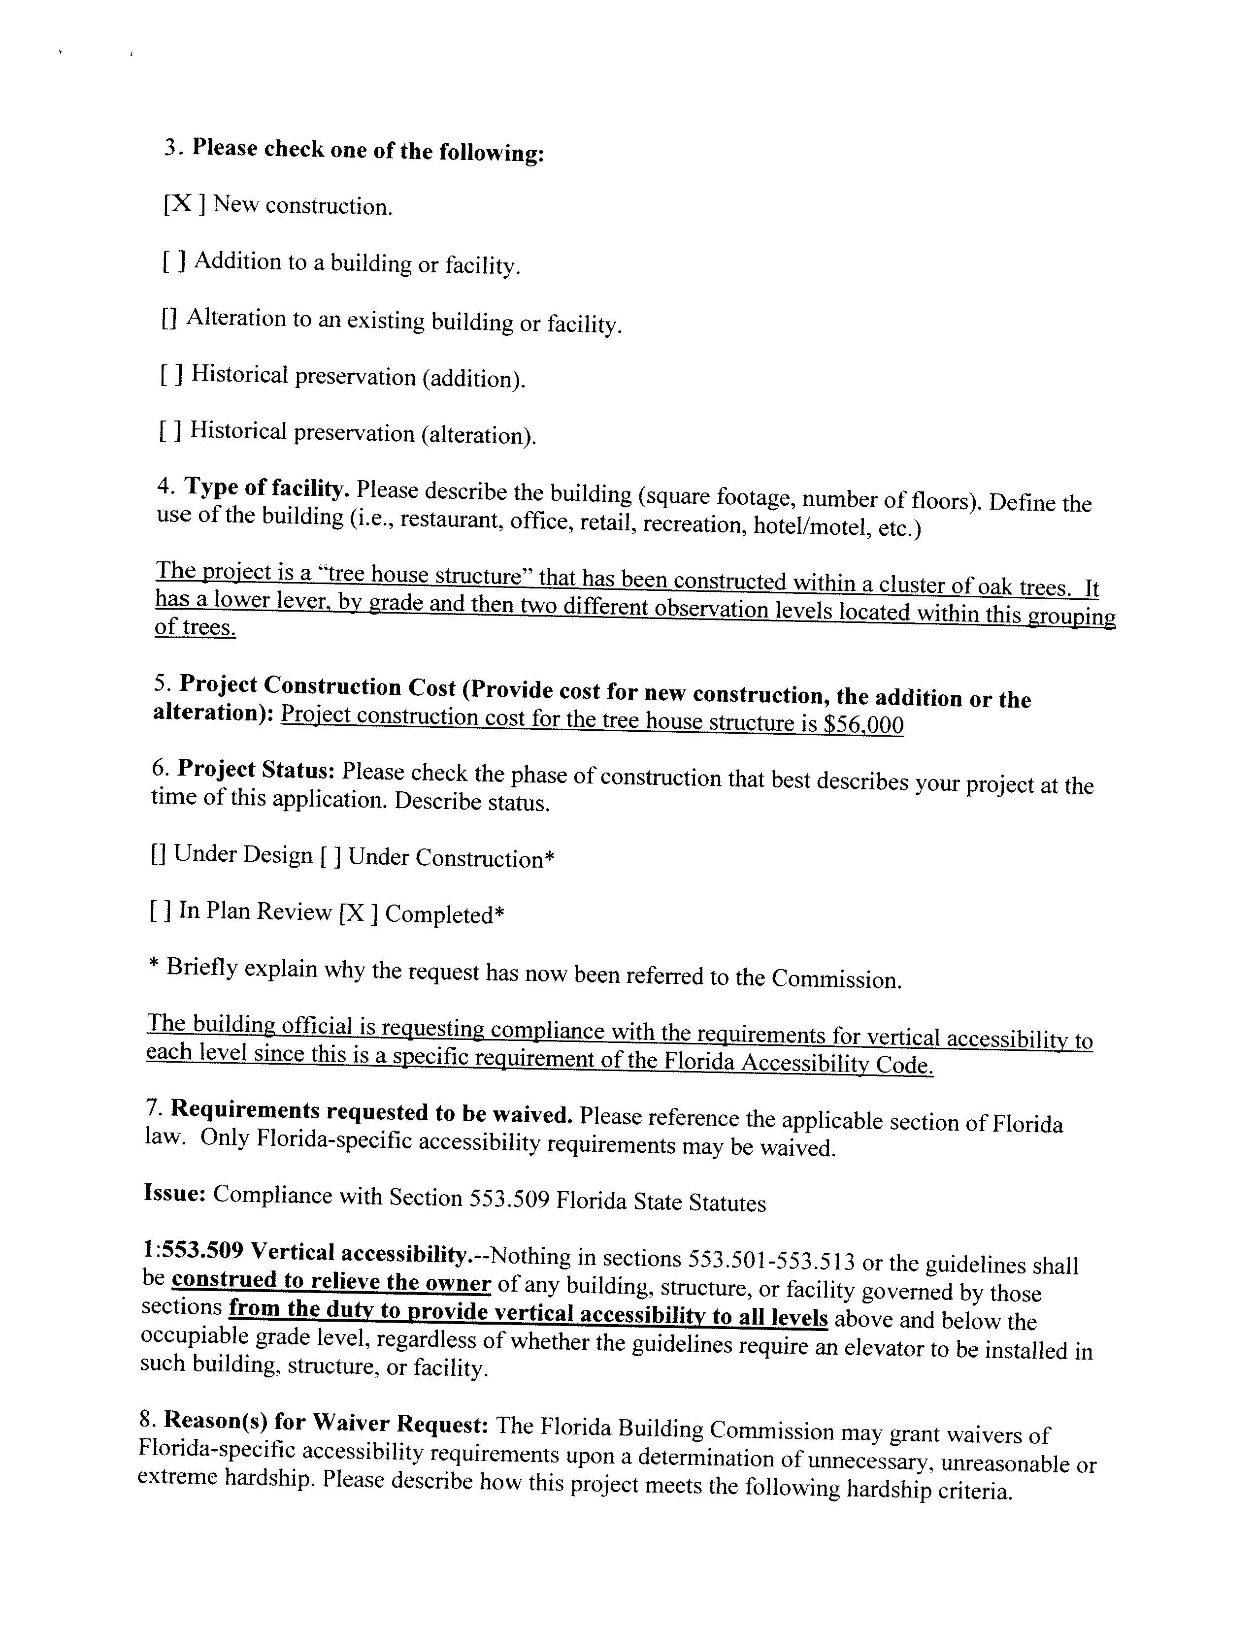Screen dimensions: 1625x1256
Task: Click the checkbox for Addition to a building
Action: click(174, 262)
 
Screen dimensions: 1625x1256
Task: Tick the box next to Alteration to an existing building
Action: click(169, 319)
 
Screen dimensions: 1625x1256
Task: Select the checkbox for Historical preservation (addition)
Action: click(171, 374)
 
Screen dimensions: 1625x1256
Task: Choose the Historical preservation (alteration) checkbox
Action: click(170, 431)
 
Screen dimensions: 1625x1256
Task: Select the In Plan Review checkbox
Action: click(160, 910)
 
